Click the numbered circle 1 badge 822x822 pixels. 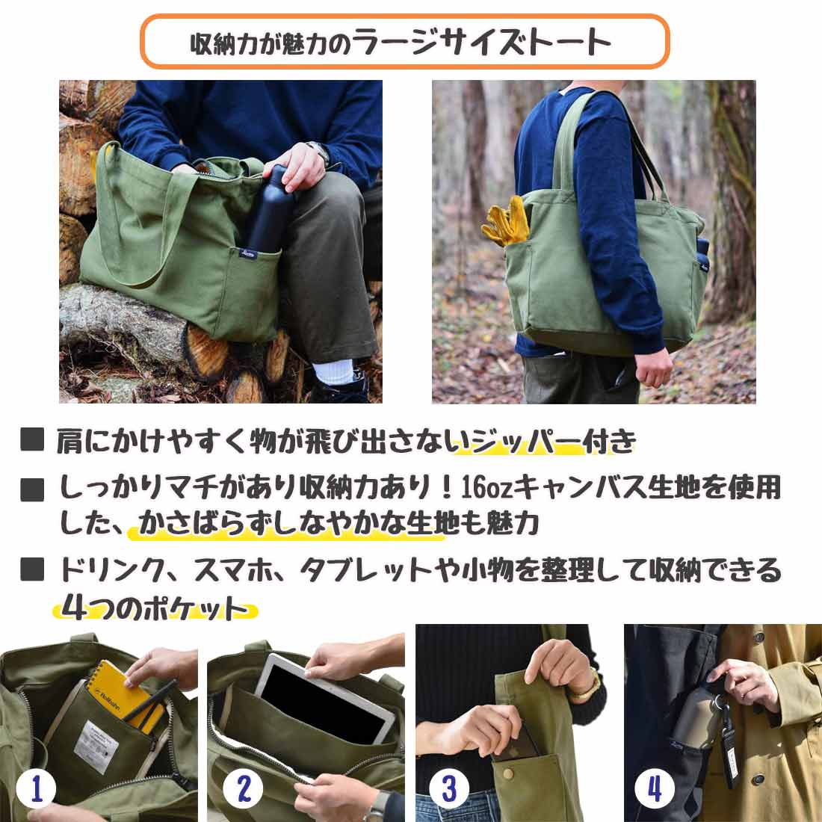(36, 788)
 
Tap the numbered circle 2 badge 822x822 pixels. (244, 788)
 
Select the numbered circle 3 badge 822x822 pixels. (449, 788)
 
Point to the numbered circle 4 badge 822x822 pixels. (655, 788)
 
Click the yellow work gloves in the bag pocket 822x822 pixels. (505, 220)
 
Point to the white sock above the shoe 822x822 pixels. (333, 371)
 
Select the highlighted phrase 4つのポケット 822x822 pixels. (155, 608)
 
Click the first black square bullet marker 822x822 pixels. (32, 440)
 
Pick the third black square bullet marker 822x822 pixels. (32, 569)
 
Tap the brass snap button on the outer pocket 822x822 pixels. (507, 773)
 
